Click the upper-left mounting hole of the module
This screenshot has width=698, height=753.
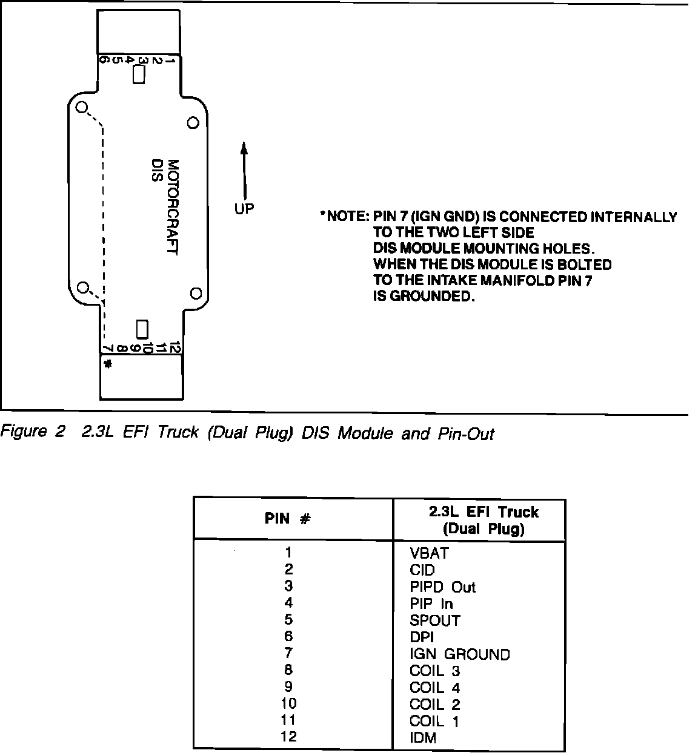pyautogui.click(x=82, y=108)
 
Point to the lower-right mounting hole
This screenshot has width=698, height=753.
pyautogui.click(x=195, y=294)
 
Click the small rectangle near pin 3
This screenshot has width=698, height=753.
pyautogui.click(x=139, y=75)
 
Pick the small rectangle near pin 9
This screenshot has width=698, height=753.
pyautogui.click(x=142, y=329)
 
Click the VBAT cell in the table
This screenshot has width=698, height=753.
pyautogui.click(x=429, y=553)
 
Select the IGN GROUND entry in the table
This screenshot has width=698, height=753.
pyautogui.click(x=459, y=654)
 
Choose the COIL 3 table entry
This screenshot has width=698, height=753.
pyautogui.click(x=434, y=671)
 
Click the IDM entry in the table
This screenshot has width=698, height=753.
pyautogui.click(x=422, y=738)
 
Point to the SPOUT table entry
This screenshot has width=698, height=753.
pyautogui.click(x=434, y=620)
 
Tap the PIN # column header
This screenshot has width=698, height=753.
pyautogui.click(x=288, y=519)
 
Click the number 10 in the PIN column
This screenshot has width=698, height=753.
pyautogui.click(x=288, y=704)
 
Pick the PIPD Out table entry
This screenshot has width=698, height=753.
pyautogui.click(x=442, y=587)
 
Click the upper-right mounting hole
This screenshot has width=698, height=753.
pyautogui.click(x=193, y=123)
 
